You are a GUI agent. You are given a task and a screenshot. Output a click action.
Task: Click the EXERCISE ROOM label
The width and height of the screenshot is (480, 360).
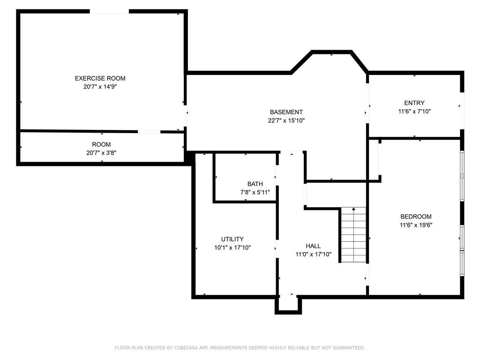[100, 78]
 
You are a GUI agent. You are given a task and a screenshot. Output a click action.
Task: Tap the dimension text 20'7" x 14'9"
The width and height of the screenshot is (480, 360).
[100, 87]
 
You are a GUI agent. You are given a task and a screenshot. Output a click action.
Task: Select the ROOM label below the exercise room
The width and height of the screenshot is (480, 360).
[101, 144]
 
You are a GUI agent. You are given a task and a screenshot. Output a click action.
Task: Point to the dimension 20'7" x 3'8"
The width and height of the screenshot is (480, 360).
[101, 153]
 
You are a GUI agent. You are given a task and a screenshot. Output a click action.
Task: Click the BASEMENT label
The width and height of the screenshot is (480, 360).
[286, 112]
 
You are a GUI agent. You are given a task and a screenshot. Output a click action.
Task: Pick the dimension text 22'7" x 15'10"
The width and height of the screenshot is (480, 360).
[286, 120]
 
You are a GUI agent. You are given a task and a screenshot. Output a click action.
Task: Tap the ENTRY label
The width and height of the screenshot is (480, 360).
[414, 103]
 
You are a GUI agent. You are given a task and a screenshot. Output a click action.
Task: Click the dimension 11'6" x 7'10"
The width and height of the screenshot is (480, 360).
[414, 112]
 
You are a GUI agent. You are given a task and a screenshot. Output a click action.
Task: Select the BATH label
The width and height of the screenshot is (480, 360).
[255, 184]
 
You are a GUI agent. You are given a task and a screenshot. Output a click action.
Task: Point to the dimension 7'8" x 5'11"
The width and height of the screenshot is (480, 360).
[255, 192]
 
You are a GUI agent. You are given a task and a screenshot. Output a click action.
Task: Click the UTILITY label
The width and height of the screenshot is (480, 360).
[232, 239]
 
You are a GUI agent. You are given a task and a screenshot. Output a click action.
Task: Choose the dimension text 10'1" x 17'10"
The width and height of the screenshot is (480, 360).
[232, 247]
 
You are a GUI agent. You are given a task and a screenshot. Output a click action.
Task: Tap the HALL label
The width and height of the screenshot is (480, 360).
[313, 246]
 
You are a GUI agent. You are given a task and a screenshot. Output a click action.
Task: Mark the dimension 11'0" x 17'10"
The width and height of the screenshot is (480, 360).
[313, 255]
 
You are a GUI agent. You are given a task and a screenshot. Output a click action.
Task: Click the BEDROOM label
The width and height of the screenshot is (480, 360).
[416, 217]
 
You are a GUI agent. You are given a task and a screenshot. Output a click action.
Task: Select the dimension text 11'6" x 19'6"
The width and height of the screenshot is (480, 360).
[416, 225]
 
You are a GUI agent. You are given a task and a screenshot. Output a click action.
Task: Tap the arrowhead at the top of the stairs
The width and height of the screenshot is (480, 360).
[353, 209]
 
